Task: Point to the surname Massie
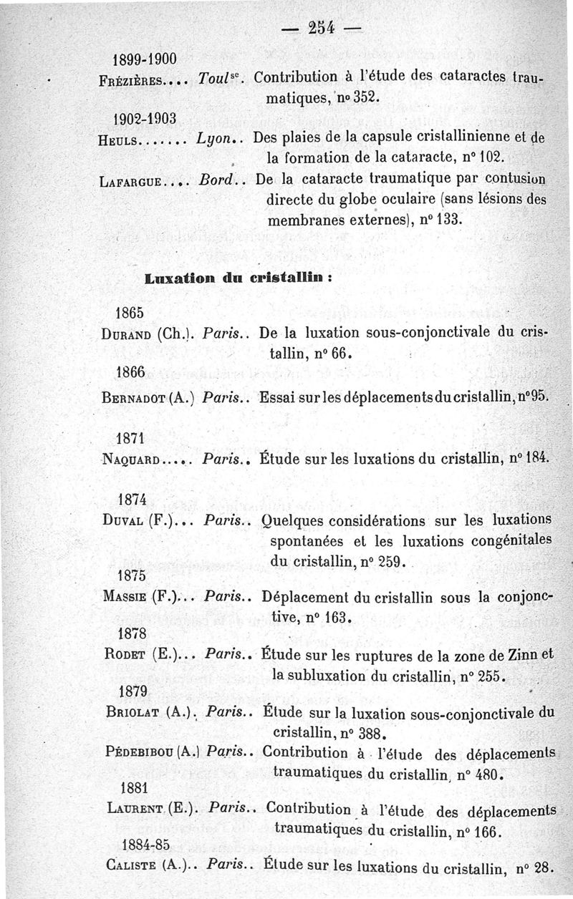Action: point(125,596)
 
